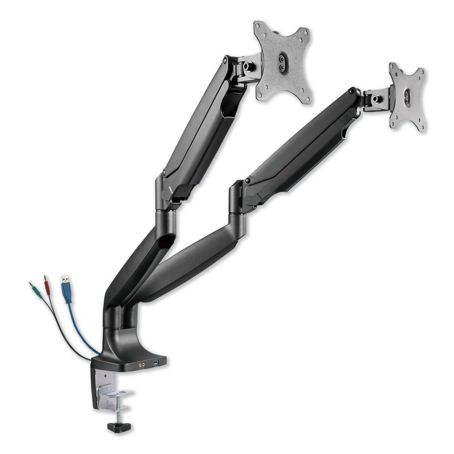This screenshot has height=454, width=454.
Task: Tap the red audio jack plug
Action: (x=44, y=281)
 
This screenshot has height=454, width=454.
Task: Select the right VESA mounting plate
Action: (x=407, y=96)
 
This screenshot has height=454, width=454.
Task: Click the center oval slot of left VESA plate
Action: (x=283, y=61)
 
